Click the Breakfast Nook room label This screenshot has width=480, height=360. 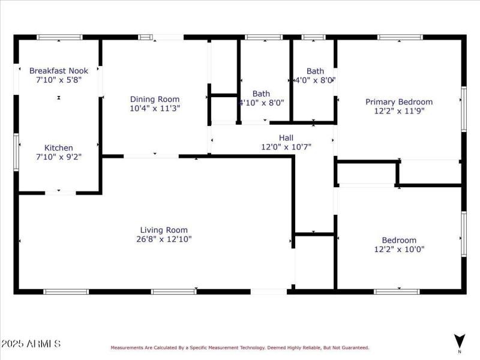click(59, 71)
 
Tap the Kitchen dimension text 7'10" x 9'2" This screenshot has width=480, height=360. click(59, 157)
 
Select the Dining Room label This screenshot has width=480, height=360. click(155, 100)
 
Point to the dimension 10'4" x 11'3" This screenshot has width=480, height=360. click(155, 109)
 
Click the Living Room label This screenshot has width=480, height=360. click(164, 230)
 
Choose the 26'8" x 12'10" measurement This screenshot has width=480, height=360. click(164, 239)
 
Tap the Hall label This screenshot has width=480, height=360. click(286, 137)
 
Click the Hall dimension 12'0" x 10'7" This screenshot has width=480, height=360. click(286, 146)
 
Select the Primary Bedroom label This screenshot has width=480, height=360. click(399, 102)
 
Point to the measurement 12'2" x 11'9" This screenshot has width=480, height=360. click(399, 111)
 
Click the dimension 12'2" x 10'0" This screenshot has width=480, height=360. click(399, 249)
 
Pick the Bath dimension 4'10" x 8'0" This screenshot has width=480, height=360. click(262, 103)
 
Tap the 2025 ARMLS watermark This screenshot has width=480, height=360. click(31, 344)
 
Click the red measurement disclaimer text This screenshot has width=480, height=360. click(239, 347)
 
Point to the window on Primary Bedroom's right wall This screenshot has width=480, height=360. click(463, 109)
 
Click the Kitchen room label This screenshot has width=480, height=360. click(59, 148)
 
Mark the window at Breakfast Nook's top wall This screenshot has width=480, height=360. click(59, 37)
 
